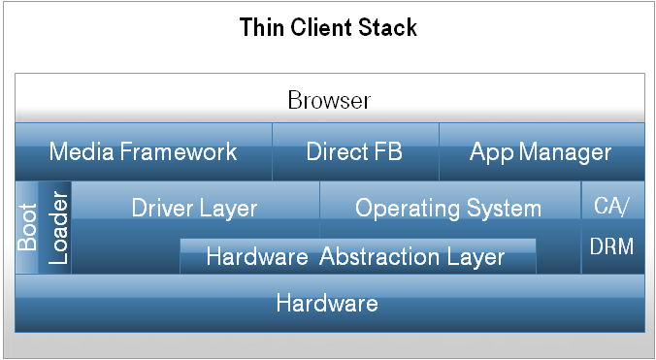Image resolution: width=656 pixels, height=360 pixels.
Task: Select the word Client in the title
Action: (320, 27)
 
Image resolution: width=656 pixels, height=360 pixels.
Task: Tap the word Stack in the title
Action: (388, 27)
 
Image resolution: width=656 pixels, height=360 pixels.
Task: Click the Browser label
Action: (329, 100)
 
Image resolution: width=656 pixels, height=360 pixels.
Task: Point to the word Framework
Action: (178, 151)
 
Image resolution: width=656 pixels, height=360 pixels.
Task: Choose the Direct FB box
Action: (354, 151)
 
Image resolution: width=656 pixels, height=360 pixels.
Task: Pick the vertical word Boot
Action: (27, 227)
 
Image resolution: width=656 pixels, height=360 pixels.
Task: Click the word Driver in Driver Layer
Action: (164, 208)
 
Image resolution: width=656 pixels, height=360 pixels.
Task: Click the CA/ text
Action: (611, 205)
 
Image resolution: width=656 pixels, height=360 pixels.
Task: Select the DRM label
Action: (611, 246)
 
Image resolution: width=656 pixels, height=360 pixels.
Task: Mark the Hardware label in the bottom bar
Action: (327, 303)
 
